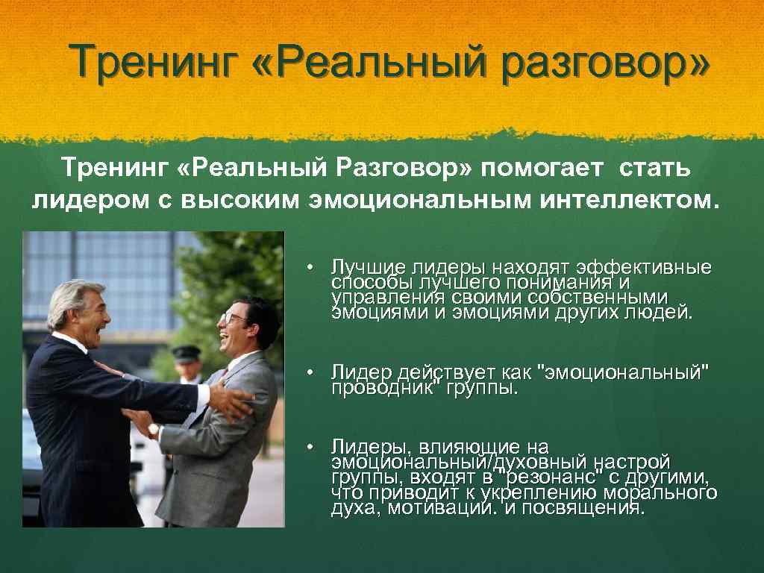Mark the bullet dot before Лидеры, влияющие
[318, 447]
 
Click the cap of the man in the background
[184, 351]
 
